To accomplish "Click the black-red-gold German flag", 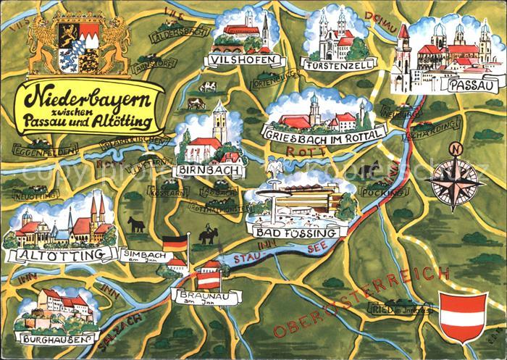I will pos(175,244).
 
